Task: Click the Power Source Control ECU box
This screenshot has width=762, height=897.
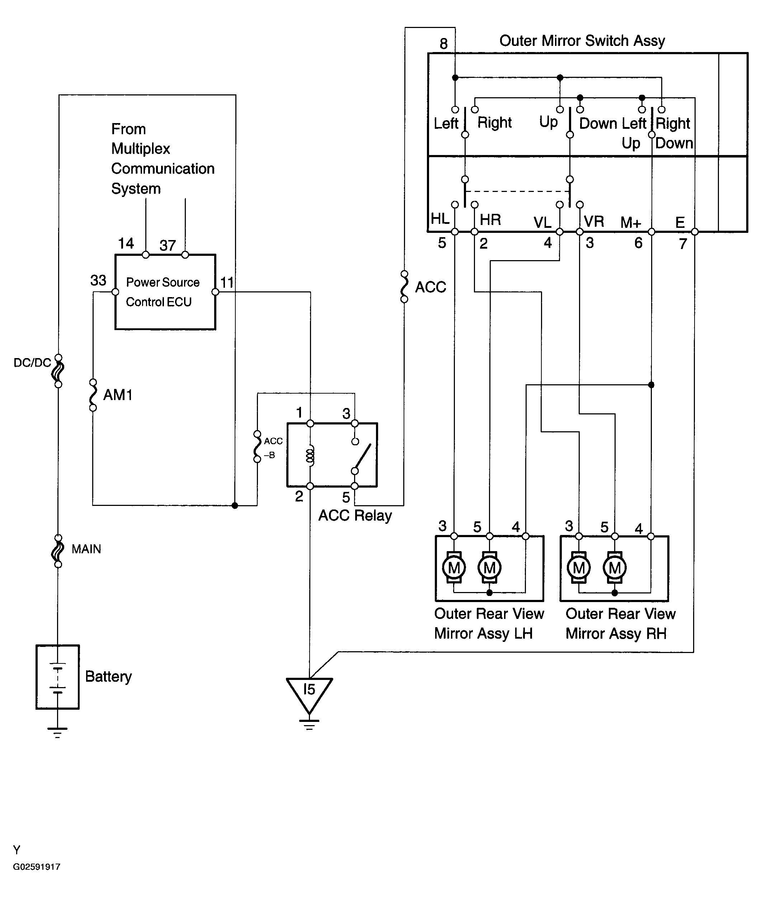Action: click(x=165, y=292)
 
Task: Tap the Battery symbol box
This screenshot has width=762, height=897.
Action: click(x=57, y=677)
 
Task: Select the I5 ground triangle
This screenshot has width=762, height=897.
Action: click(x=309, y=692)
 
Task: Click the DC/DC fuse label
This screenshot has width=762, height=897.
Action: click(x=32, y=362)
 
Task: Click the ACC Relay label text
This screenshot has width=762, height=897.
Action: click(x=355, y=516)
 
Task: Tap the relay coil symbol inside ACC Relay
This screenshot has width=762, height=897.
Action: click(x=310, y=455)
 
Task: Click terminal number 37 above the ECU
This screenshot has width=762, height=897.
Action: click(x=168, y=245)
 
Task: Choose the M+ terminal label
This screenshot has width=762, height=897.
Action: click(x=631, y=222)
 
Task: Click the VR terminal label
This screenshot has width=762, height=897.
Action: click(x=594, y=221)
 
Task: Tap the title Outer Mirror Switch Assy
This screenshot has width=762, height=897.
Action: click(x=582, y=41)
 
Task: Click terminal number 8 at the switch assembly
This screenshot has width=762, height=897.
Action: click(x=444, y=44)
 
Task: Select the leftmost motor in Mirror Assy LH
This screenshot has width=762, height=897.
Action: click(x=454, y=567)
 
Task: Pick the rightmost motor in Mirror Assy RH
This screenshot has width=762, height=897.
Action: click(x=615, y=567)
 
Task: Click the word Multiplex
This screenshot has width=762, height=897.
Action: click(x=140, y=149)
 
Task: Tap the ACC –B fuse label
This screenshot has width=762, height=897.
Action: click(x=273, y=448)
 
